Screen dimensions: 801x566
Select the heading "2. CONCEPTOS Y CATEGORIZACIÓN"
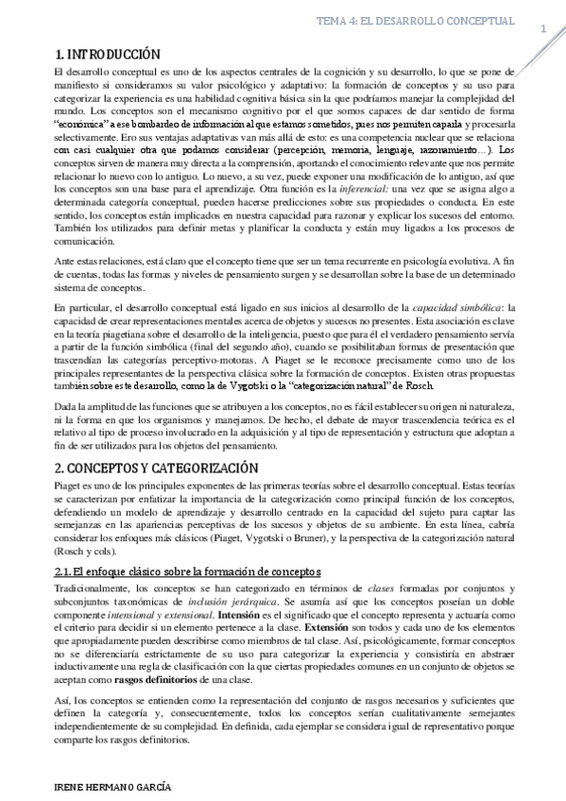click(x=156, y=468)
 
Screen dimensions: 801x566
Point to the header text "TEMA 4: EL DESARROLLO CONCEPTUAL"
click(x=415, y=20)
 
